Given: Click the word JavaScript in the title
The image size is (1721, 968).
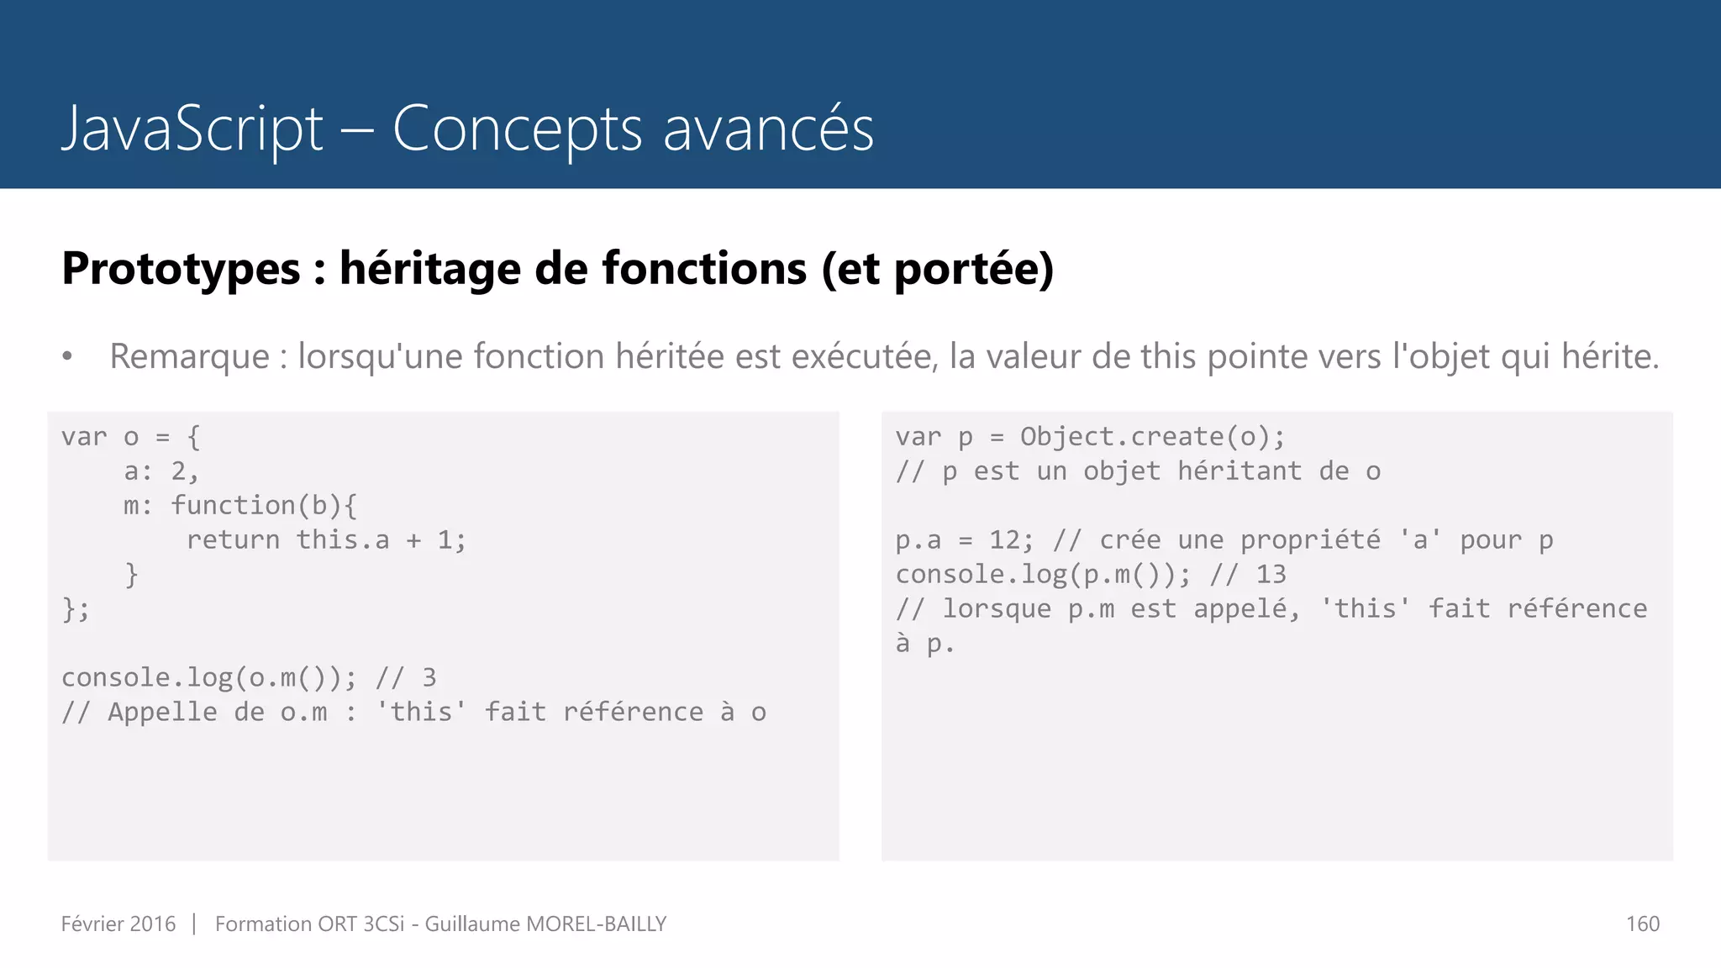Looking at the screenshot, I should (x=192, y=129).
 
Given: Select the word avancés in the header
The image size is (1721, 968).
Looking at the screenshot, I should (x=768, y=129).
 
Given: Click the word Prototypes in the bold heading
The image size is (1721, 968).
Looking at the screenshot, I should (x=181, y=269).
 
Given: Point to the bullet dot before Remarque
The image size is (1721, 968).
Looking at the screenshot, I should (x=67, y=357).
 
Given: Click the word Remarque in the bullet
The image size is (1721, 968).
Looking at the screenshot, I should (x=189, y=356).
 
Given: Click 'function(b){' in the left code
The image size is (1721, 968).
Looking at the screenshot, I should (x=264, y=506).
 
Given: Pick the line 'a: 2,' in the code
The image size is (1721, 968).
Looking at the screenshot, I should (x=161, y=471).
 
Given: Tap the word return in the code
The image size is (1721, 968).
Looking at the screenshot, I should (x=233, y=540).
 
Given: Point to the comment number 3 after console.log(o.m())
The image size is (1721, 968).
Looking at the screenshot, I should (x=429, y=678).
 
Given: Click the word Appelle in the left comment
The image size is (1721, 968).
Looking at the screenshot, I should (x=162, y=713).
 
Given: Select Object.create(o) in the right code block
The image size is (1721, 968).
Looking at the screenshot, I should (x=1144, y=437).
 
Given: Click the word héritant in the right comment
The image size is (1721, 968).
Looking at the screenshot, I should (x=1239, y=471).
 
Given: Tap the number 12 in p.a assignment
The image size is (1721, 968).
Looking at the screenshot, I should (x=1004, y=540).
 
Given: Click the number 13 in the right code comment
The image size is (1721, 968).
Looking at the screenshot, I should (x=1271, y=575).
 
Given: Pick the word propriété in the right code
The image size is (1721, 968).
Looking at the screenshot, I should (x=1310, y=540).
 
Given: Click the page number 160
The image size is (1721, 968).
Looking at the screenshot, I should (x=1642, y=924).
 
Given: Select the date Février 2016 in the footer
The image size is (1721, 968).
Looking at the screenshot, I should (x=118, y=924).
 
